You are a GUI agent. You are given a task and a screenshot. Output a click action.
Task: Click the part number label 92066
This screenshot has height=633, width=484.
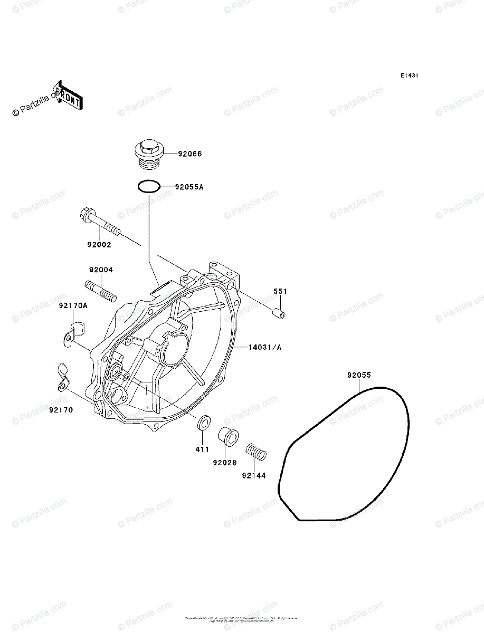click(x=189, y=155)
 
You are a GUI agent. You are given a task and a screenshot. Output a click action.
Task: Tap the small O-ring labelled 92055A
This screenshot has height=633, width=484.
click(x=148, y=187)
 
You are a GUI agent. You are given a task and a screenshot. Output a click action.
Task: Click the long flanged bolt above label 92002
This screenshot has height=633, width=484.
click(x=100, y=222)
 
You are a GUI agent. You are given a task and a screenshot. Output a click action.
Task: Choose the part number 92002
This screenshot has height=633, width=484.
click(x=100, y=245)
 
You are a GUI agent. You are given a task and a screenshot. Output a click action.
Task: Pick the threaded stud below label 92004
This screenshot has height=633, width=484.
click(x=100, y=291)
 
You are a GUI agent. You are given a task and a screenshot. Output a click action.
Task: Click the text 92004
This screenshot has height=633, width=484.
click(x=101, y=270)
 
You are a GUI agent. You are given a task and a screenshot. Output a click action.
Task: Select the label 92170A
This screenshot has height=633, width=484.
click(x=73, y=306)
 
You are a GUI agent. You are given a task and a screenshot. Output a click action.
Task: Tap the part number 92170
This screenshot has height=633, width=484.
click(x=61, y=409)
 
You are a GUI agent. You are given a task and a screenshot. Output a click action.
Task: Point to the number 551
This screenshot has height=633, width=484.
click(x=280, y=292)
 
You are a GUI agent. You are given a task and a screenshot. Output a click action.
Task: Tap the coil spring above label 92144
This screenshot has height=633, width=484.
click(x=256, y=452)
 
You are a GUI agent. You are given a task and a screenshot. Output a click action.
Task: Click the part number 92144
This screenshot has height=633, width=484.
click(x=254, y=475)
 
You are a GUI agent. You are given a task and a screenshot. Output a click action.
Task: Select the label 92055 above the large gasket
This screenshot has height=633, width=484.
click(x=359, y=376)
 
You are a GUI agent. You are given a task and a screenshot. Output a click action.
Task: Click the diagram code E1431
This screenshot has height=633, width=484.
click(x=409, y=76)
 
